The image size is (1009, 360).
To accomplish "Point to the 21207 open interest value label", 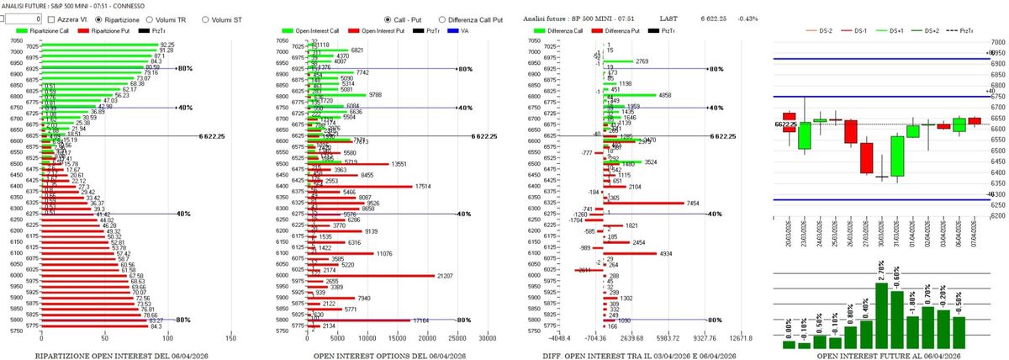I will click(x=449, y=276).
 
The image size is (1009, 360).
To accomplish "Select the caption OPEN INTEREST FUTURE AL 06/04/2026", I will click(x=883, y=356).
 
